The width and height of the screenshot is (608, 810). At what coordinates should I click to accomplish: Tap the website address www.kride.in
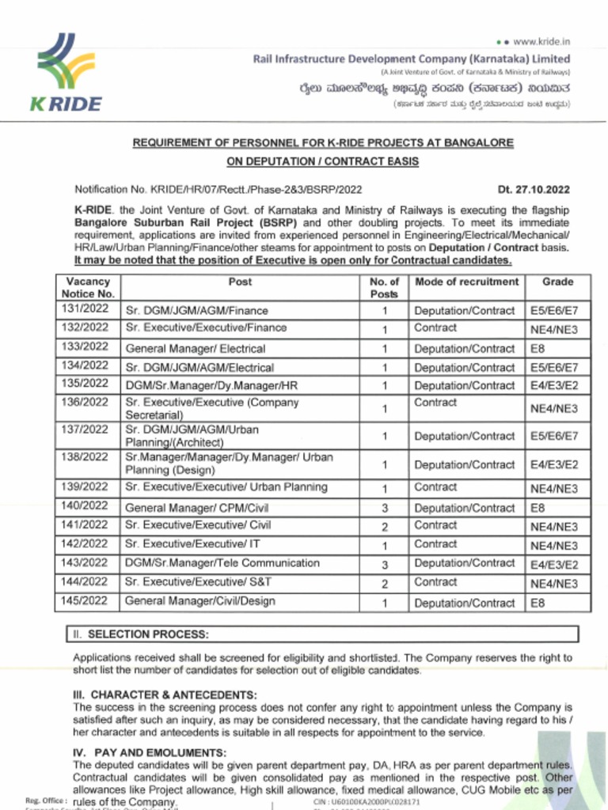pyautogui.click(x=542, y=41)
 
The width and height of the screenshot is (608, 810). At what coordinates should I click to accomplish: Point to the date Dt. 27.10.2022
pyautogui.click(x=534, y=190)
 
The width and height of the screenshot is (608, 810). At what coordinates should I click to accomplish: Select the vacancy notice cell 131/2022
pyautogui.click(x=85, y=309)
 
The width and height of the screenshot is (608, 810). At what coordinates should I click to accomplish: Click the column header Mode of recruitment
pyautogui.click(x=466, y=282)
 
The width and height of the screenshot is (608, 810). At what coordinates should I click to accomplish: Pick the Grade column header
pyautogui.click(x=557, y=282)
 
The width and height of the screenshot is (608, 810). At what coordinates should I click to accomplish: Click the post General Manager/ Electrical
pyautogui.click(x=196, y=348)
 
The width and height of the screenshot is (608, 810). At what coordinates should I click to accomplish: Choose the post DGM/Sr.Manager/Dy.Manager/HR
pyautogui.click(x=212, y=386)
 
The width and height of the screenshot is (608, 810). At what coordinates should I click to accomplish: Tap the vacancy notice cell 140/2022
pyautogui.click(x=85, y=507)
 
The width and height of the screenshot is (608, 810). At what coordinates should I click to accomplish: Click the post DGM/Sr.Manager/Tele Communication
pyautogui.click(x=222, y=564)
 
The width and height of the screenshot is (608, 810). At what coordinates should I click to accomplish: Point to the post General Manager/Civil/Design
pyautogui.click(x=200, y=602)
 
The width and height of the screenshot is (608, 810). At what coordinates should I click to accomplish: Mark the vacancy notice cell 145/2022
pyautogui.click(x=85, y=601)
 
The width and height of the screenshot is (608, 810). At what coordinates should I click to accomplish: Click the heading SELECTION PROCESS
pyautogui.click(x=148, y=634)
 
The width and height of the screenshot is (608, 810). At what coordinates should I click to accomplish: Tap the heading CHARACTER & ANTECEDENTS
pyautogui.click(x=165, y=695)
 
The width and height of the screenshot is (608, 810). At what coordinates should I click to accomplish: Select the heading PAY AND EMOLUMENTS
pyautogui.click(x=150, y=752)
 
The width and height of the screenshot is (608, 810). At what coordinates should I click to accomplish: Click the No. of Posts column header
pyautogui.click(x=384, y=288)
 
